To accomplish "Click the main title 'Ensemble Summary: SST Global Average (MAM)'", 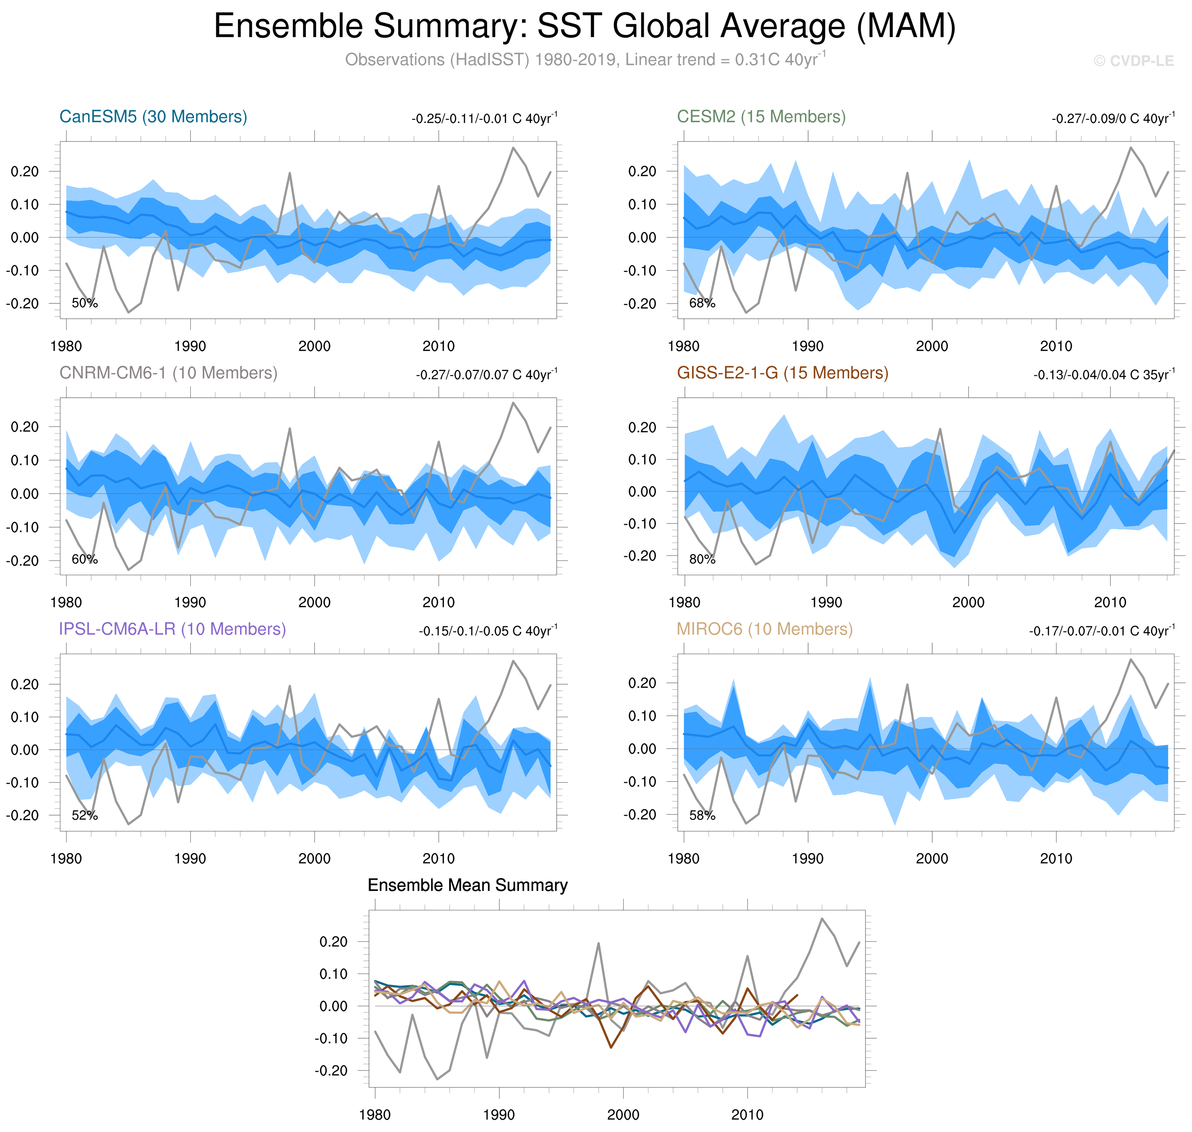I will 584,27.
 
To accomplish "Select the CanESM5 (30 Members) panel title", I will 153,116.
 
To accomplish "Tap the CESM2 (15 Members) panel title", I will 761,116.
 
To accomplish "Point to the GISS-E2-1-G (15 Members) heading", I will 782,373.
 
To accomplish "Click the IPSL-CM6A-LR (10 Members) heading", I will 172,629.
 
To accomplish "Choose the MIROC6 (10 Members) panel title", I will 764,629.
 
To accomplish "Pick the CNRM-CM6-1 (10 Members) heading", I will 168,373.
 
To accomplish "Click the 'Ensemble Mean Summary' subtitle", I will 467,885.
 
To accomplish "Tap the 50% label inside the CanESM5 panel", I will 85,303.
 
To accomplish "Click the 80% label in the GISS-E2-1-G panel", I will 702,559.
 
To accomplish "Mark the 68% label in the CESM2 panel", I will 702,303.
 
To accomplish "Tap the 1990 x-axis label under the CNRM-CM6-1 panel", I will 190,602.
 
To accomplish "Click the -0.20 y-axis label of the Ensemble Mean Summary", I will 331,1071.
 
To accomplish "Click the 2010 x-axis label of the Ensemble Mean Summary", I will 747,1114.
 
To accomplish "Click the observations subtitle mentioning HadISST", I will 584,60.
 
